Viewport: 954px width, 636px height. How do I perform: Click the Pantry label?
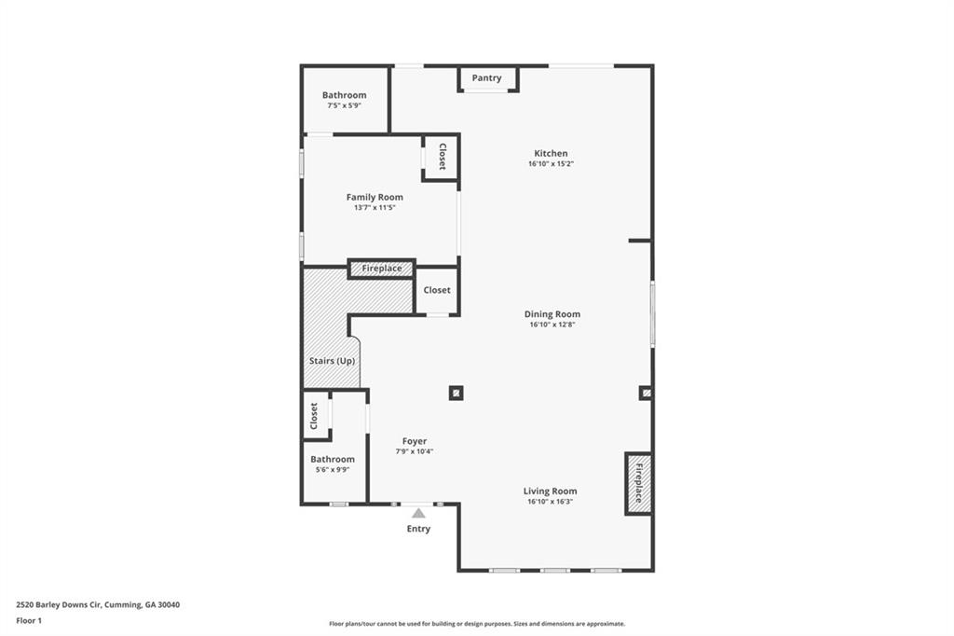pos(486,78)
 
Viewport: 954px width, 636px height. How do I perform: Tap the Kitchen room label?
pos(551,154)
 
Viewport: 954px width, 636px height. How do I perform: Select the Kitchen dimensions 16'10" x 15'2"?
pos(551,164)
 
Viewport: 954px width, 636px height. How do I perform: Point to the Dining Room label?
pos(552,314)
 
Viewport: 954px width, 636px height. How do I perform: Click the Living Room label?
pos(550,491)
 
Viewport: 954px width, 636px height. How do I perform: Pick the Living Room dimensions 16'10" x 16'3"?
pos(550,502)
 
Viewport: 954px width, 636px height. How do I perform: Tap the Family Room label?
pos(375,197)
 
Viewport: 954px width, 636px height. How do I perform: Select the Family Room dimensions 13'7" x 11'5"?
pos(375,208)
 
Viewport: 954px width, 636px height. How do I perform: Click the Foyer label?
pos(415,441)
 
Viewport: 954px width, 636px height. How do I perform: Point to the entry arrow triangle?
pos(418,513)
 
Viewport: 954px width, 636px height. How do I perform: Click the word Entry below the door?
pos(418,529)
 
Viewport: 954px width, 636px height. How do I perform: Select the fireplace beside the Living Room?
pos(638,484)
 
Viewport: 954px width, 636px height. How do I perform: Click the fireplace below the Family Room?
pos(381,269)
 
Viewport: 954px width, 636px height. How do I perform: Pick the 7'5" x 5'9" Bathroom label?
pos(344,95)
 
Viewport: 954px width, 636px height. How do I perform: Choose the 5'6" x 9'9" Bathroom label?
pos(333,459)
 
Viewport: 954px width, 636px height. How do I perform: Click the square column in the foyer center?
pos(456,393)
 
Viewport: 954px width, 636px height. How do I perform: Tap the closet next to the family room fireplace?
pos(437,290)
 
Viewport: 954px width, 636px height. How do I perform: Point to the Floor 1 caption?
pos(29,620)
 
